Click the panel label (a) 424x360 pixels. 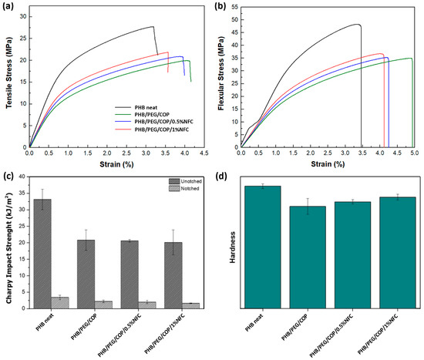click(7, 6)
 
